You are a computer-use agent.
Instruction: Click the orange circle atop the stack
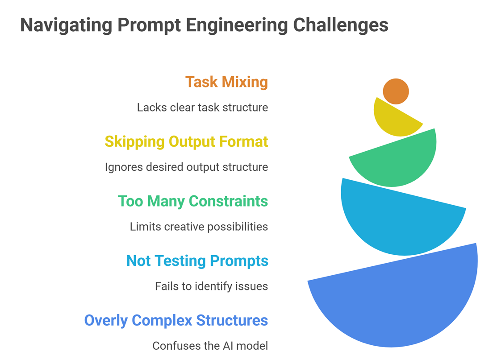[x=396, y=91]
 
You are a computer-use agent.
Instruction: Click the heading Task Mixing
[x=226, y=82]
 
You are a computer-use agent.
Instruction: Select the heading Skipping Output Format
[x=186, y=142]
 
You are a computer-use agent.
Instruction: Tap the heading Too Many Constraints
[x=193, y=201]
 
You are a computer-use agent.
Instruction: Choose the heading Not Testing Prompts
[x=197, y=261]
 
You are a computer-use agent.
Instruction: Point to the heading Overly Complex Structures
[x=176, y=320]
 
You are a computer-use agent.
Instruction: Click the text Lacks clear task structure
[x=202, y=108]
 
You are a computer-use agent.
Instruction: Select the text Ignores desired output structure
[x=186, y=167]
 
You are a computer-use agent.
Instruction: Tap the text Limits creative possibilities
[x=199, y=227]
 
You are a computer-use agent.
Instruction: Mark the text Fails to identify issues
[x=211, y=286]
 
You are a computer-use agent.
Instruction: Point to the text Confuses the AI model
[x=210, y=346]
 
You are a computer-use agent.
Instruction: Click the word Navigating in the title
[x=66, y=25]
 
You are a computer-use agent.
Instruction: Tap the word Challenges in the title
[x=341, y=25]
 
